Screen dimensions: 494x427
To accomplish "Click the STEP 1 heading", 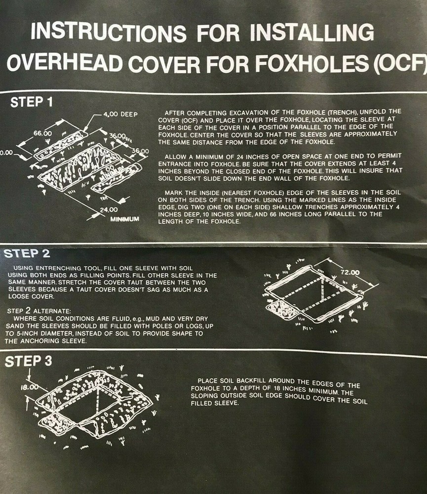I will [x=32, y=103].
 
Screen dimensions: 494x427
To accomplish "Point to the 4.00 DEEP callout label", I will [x=120, y=114].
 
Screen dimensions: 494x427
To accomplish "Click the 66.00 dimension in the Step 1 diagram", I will [x=42, y=133].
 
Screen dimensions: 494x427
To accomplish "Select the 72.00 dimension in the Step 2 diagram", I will [x=349, y=272].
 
